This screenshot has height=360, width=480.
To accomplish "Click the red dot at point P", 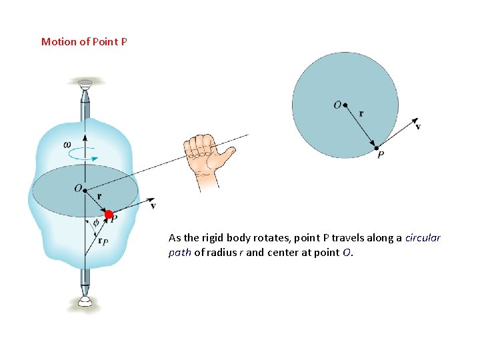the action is [109, 215].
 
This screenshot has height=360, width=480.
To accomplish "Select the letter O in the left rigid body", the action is [78, 189].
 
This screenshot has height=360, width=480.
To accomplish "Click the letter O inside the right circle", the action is [337, 104].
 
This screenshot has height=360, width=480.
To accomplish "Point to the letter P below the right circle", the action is [380, 155].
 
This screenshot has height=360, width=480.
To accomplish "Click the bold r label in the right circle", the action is [361, 113].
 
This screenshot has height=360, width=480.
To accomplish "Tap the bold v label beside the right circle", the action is [418, 127].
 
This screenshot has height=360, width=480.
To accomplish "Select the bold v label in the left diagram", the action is [153, 206].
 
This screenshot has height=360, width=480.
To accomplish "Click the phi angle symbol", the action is [96, 222].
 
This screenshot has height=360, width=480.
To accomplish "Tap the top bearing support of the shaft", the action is [85, 83].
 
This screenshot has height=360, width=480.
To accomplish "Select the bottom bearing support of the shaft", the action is [85, 301].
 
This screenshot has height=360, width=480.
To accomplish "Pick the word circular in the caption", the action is [423, 238].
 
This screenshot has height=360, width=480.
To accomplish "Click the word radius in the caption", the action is [222, 253].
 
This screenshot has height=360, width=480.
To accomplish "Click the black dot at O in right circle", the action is [346, 105].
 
